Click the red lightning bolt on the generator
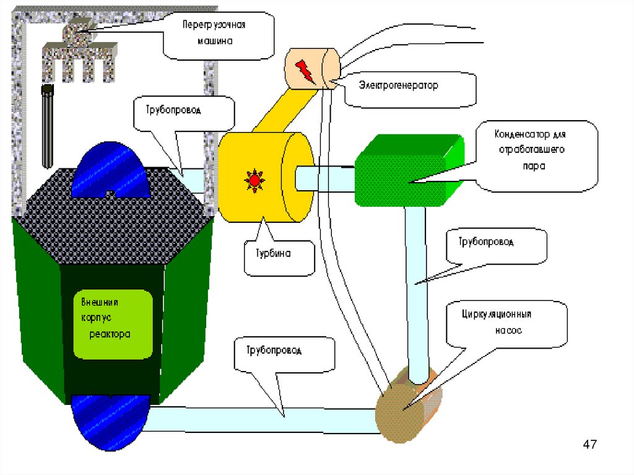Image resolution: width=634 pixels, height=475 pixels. (x=305, y=72)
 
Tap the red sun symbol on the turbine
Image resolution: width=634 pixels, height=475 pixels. (x=254, y=180)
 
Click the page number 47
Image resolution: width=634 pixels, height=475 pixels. (x=590, y=444)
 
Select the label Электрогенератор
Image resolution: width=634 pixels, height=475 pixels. (x=399, y=85)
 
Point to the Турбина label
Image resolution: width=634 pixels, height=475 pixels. (x=273, y=253)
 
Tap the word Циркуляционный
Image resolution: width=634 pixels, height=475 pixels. (x=497, y=315)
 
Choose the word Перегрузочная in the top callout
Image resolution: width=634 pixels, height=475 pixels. (x=214, y=25)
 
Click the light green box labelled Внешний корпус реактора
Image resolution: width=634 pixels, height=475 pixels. (x=113, y=324)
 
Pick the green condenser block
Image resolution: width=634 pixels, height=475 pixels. (x=409, y=170)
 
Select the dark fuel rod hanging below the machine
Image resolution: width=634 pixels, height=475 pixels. (x=47, y=126)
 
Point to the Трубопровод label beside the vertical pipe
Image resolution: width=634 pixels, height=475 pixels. (x=486, y=242)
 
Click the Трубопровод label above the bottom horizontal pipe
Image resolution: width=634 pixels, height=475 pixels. (x=274, y=350)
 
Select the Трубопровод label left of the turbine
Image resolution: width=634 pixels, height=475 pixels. (x=173, y=110)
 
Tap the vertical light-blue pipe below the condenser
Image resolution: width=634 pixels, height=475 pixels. (x=417, y=295)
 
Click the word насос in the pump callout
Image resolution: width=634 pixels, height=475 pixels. (x=508, y=331)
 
